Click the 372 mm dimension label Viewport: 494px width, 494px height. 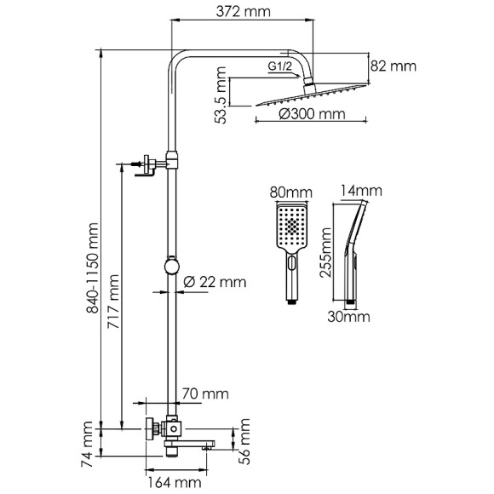click(x=243, y=12)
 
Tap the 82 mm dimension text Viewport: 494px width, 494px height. click(x=393, y=66)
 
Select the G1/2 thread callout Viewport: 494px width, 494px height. click(x=280, y=66)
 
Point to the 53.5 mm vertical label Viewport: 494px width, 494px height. click(x=220, y=95)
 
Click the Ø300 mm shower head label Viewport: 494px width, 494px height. click(x=312, y=114)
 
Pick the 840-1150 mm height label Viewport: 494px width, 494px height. click(x=93, y=267)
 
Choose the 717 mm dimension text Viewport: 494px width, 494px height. click(x=113, y=302)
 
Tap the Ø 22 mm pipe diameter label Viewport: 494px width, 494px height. click(x=215, y=282)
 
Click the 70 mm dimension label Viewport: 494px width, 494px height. click(x=205, y=393)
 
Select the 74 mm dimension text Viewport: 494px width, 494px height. click(x=87, y=445)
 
